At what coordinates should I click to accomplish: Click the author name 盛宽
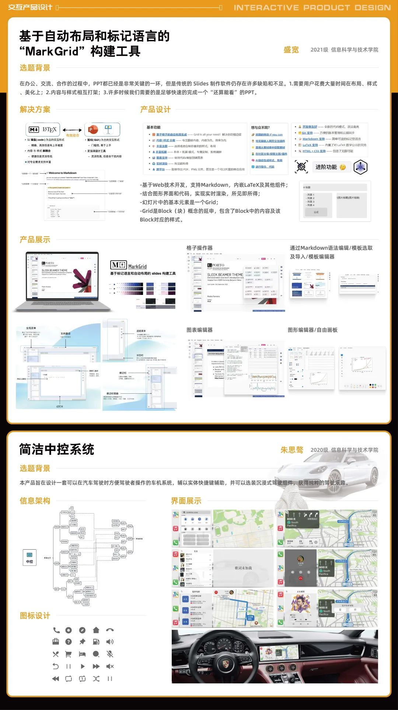tap(291, 50)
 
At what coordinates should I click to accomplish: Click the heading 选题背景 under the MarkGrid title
tap(35, 68)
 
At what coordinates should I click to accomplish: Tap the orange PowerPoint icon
tap(93, 130)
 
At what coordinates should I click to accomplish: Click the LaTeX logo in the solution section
tap(49, 129)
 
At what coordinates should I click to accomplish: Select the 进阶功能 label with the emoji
tap(330, 167)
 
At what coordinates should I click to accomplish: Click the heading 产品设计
tap(155, 109)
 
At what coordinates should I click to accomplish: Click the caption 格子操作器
tap(199, 248)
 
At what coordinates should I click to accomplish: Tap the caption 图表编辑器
tap(199, 330)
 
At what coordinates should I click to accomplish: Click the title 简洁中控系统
tap(57, 449)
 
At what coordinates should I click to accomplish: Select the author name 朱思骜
tap(292, 450)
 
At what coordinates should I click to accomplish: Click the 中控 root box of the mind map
tap(29, 557)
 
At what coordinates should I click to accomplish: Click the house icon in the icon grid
tap(96, 630)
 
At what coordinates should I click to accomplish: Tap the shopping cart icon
tap(68, 654)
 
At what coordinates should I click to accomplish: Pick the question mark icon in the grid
tap(68, 642)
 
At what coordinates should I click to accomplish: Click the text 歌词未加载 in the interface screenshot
tap(243, 568)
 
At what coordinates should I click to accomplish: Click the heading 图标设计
tap(35, 616)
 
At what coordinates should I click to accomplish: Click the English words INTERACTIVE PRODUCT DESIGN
tap(312, 7)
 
